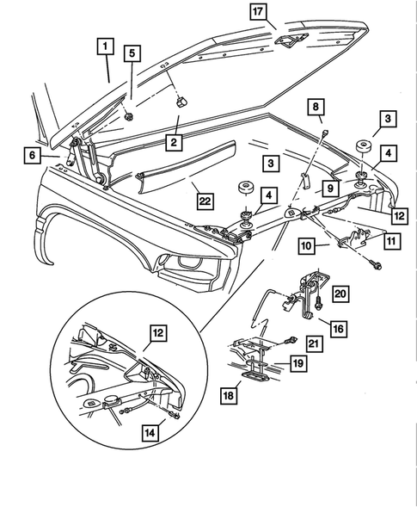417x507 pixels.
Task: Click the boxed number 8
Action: click(317, 108)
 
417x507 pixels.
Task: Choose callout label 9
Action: click(329, 188)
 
